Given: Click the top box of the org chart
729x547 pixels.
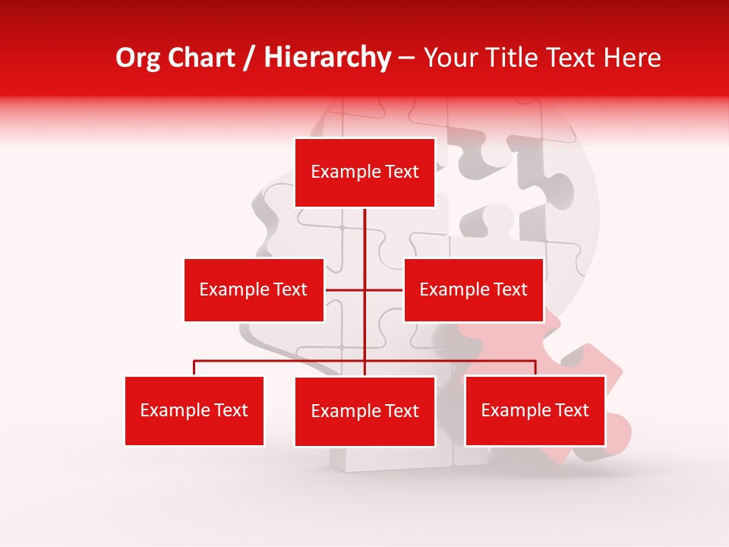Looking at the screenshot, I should click(364, 172).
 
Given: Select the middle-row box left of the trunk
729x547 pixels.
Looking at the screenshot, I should click(254, 289).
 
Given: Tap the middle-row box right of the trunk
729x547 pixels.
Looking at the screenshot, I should click(473, 289).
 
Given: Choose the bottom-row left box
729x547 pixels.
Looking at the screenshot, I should click(194, 410).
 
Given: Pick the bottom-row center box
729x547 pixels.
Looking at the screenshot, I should click(364, 411).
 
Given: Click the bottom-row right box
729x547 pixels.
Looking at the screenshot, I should click(535, 410).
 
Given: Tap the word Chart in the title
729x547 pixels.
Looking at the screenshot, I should click(202, 58).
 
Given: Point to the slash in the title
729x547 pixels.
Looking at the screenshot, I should click(249, 58).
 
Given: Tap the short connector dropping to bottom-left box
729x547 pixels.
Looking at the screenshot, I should click(194, 368).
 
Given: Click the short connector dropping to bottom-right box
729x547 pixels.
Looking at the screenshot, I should click(535, 368).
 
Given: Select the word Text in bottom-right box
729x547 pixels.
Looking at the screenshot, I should click(572, 410).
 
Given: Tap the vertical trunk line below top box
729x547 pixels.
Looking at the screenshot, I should click(364, 236).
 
